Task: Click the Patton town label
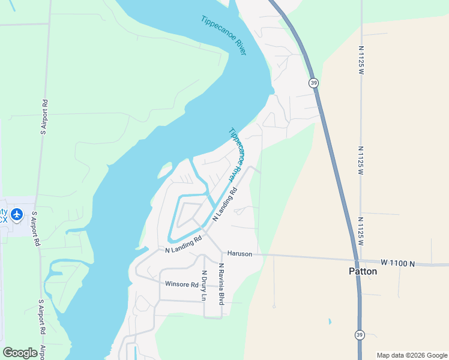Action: click(363, 271)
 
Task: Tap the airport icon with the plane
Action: click(16, 214)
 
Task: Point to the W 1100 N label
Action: click(397, 263)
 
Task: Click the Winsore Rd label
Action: click(181, 284)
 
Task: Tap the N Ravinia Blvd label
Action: click(221, 283)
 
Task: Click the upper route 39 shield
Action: click(313, 82)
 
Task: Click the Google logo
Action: click(20, 353)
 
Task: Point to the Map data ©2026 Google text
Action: click(411, 355)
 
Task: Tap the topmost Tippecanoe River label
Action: click(224, 35)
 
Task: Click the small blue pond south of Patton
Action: click(330, 321)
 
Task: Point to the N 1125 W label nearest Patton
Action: click(361, 232)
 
